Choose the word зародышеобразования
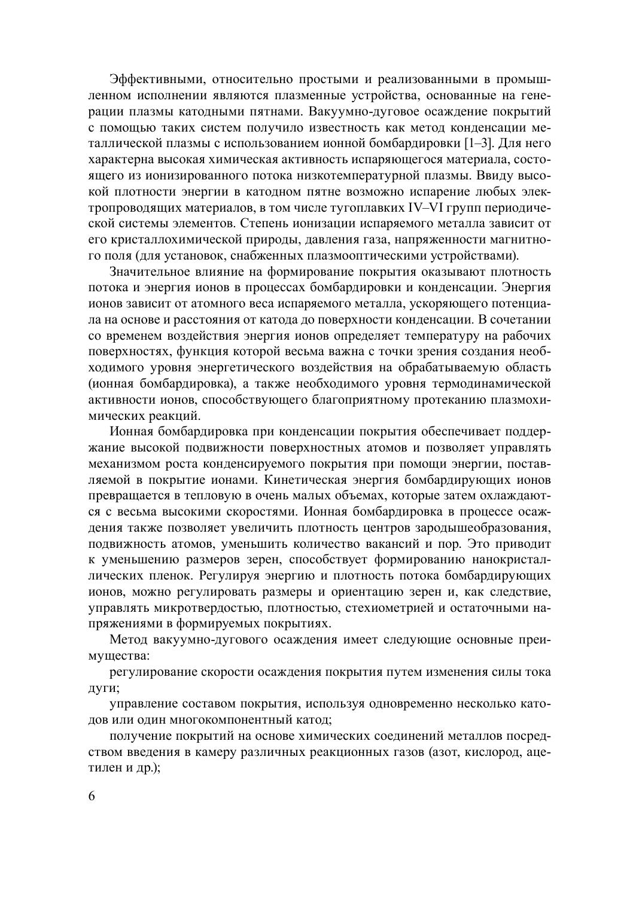485,528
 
